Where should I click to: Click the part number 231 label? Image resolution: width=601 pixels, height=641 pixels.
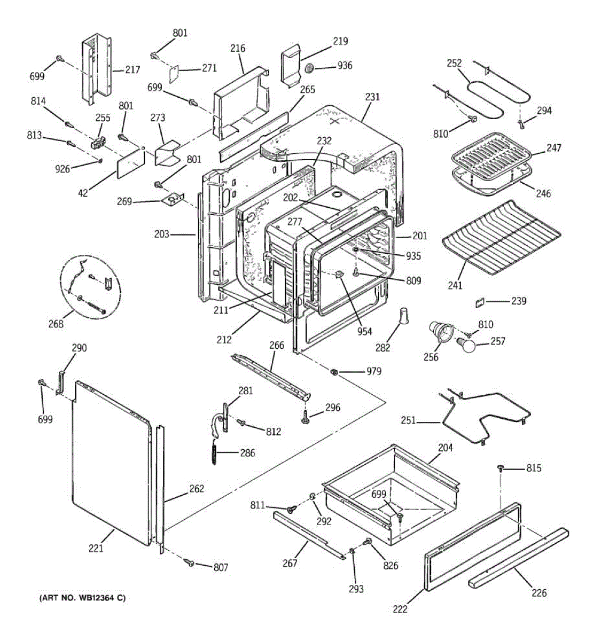tap(372, 97)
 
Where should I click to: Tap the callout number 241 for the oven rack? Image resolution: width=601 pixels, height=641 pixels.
tap(455, 286)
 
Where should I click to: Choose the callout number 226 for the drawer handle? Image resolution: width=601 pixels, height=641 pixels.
tap(539, 592)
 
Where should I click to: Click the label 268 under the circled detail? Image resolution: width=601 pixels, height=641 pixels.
tap(56, 324)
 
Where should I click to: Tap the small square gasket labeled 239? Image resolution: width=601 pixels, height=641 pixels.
tap(478, 303)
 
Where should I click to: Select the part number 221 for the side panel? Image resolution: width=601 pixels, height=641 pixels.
tap(96, 548)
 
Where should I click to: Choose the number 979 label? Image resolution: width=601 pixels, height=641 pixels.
tap(374, 371)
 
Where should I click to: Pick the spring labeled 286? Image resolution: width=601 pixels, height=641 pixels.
tap(215, 453)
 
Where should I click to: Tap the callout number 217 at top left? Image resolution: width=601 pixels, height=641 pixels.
tap(132, 69)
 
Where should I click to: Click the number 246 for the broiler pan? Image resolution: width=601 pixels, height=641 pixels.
tap(543, 193)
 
